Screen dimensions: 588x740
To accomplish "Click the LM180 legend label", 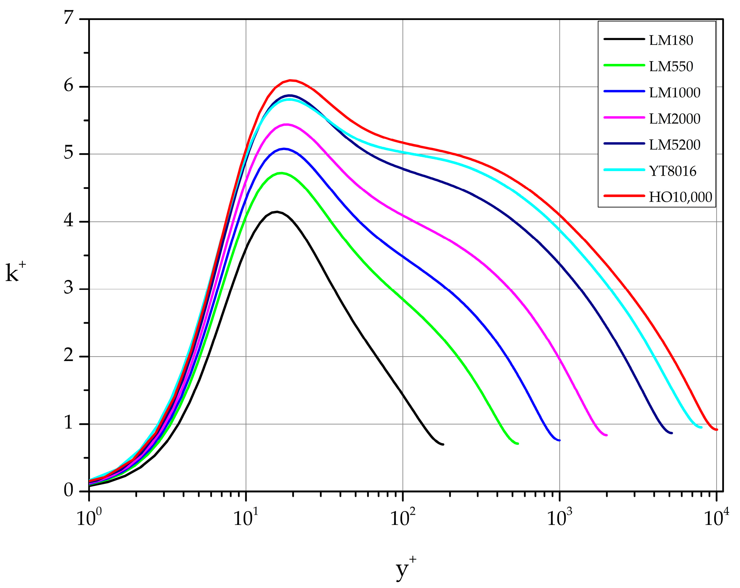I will (x=671, y=41).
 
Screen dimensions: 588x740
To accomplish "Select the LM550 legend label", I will (x=671, y=67).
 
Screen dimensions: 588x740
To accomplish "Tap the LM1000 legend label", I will (x=674, y=93).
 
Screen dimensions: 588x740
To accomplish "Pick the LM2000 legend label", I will (x=674, y=119).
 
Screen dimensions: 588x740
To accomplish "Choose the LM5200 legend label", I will (x=674, y=145).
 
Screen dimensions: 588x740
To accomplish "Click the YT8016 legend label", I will (x=672, y=171).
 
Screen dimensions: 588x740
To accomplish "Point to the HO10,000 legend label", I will (x=680, y=197).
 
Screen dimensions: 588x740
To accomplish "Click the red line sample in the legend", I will (x=624, y=196).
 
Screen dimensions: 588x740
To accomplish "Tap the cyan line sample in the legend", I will (x=624, y=170).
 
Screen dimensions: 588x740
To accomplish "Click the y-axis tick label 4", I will (x=69, y=220).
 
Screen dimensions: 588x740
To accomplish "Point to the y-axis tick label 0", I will (x=69, y=491).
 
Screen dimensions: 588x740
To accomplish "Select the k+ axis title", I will (x=16, y=273).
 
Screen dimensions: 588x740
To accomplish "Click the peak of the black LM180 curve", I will (x=277, y=212).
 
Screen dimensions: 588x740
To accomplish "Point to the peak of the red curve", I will (x=291, y=80).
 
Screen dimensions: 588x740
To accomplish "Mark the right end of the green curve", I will (x=517, y=444).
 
